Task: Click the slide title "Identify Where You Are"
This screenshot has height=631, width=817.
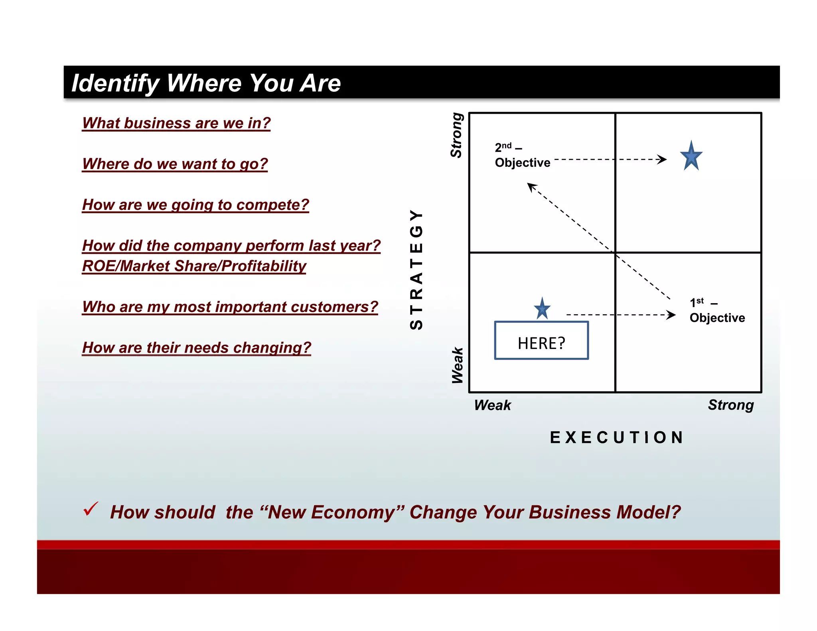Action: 206,83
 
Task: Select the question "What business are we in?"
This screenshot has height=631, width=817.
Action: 176,123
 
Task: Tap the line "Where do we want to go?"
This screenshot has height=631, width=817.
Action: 175,164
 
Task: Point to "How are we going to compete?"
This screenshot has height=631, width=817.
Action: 195,205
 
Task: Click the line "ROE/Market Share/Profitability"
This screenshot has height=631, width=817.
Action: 194,266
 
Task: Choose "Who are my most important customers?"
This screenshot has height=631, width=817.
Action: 230,307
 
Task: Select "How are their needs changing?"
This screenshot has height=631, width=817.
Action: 196,348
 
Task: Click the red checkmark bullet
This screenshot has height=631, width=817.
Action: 91,509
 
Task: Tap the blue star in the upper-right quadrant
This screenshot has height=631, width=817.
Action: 691,156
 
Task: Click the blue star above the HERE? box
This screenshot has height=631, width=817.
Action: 542,309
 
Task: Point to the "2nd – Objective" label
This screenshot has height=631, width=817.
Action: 522,156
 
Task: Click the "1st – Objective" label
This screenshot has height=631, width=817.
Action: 717,310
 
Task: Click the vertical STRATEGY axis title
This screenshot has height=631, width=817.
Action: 416,270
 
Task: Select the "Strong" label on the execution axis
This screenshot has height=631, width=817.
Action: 731,405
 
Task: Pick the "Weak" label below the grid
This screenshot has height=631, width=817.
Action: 492,405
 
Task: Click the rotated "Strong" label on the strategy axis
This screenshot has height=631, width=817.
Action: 456,135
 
